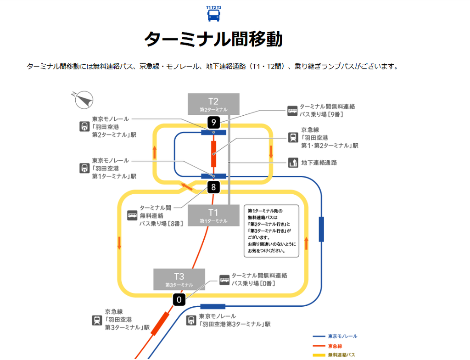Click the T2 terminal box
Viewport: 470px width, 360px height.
pos(213,104)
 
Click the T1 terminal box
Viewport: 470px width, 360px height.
pos(213,215)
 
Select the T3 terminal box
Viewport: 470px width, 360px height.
pos(179,279)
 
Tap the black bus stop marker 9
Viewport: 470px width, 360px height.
pos(214,123)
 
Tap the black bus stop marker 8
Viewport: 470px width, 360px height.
pos(213,187)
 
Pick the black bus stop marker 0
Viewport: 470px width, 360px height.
pos(179,300)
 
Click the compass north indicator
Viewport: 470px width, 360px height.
pos(84,100)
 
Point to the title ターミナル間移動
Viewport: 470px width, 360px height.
pos(213,39)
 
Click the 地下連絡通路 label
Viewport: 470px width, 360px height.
pos(319,163)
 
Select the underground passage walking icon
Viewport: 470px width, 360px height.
pos(293,163)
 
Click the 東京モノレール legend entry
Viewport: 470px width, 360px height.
pos(335,336)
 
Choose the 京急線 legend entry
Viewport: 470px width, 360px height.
pos(327,346)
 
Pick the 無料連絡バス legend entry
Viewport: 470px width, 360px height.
pos(334,355)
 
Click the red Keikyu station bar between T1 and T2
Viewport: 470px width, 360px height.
pos(214,154)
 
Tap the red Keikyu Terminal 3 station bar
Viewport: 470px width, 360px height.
pos(160,324)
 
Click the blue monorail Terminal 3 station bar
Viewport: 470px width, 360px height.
pos(213,307)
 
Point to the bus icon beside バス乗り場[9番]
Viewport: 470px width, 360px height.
pos(292,111)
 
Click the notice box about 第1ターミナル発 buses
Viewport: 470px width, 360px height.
pos(272,231)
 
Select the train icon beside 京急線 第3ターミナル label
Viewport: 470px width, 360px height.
pos(97,320)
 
